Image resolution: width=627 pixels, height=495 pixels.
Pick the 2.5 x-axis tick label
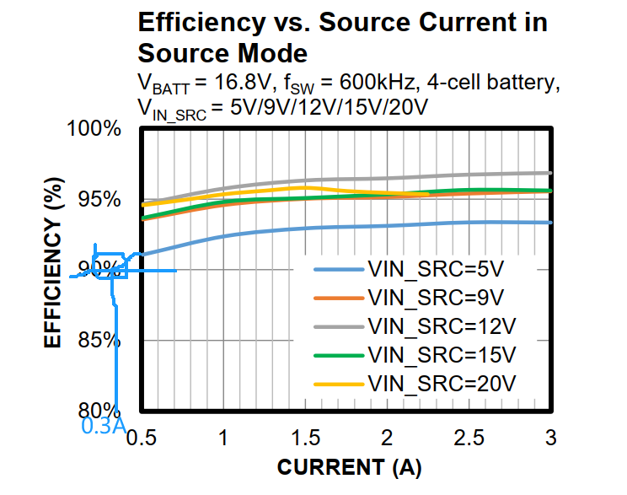469,439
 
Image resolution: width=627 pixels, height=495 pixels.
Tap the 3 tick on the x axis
550,439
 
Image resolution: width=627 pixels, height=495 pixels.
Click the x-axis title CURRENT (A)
349,467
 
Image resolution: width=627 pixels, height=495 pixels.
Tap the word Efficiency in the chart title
194,23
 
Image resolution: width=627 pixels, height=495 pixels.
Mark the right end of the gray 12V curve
549,173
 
